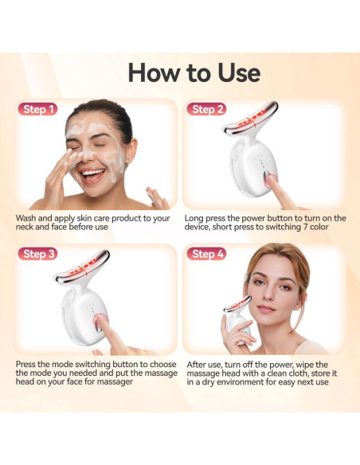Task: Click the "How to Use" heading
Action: point(194,72)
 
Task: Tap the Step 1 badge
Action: point(40,109)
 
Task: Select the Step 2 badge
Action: point(209,109)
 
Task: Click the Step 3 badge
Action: point(40,254)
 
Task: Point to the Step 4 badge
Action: point(209,254)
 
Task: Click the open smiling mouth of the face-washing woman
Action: point(92,173)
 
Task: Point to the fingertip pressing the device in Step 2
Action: point(271,182)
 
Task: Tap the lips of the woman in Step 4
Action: point(265,310)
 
